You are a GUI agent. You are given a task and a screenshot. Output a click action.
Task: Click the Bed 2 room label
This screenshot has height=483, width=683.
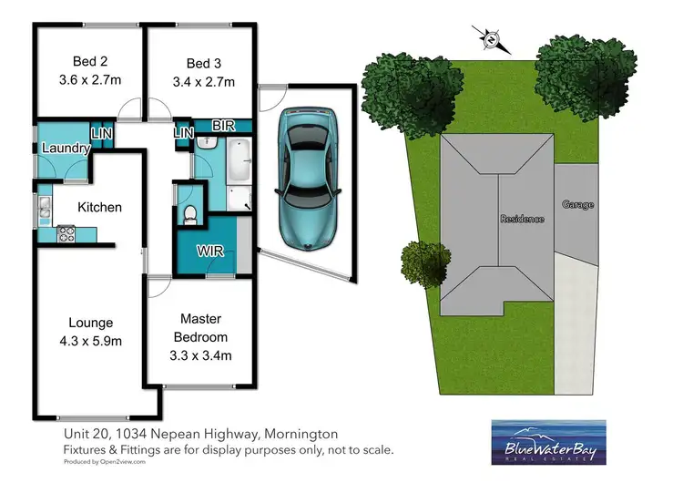89,63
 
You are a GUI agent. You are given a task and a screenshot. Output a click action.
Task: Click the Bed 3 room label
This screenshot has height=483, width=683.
203,63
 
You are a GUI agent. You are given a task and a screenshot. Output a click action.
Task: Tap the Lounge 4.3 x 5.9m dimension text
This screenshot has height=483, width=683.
90,341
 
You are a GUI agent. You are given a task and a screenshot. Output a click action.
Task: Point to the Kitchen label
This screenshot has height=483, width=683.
99,207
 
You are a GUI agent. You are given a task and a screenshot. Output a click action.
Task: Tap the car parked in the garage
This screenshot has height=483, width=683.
307,180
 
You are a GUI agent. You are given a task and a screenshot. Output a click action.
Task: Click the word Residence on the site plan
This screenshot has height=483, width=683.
522,219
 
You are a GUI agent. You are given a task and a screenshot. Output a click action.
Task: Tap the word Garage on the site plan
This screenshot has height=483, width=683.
577,204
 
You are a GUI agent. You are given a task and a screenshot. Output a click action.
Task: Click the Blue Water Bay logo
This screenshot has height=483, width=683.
545,441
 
